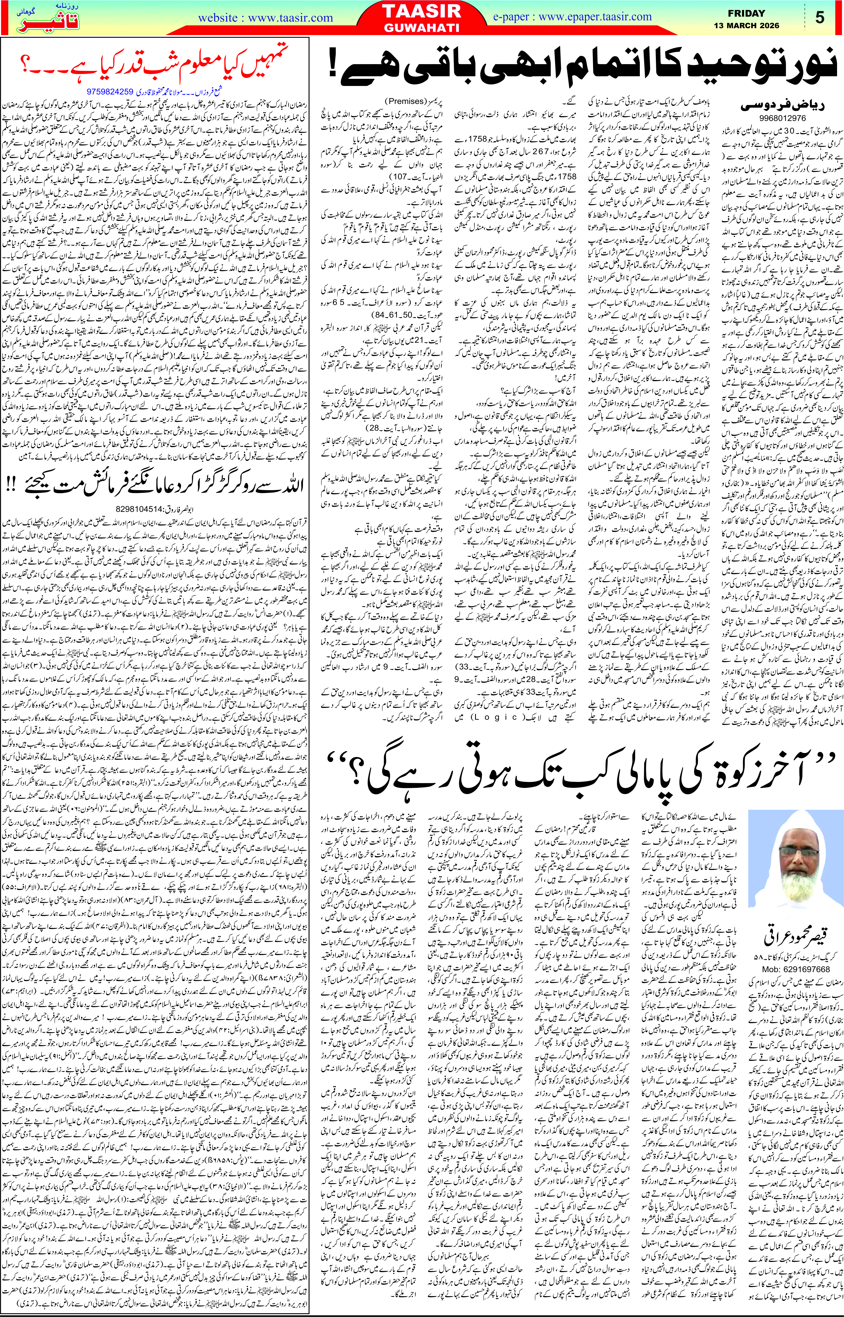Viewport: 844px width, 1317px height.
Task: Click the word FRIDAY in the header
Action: click(x=746, y=13)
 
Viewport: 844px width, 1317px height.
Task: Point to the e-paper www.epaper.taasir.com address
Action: click(x=572, y=17)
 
